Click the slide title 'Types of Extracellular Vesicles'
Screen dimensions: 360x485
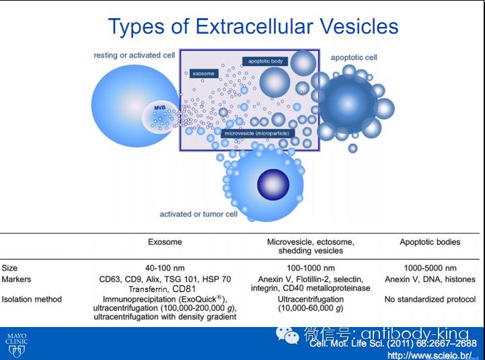coord(253,26)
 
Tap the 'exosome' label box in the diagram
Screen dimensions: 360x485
coord(203,73)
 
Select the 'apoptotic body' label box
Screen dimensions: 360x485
coord(265,61)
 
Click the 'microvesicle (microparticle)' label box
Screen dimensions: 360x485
coord(257,133)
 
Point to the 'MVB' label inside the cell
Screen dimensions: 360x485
coord(159,108)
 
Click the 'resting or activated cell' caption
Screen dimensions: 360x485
coord(135,55)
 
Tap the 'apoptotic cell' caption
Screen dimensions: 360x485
coord(354,58)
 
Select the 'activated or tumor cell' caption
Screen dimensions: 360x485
coord(198,215)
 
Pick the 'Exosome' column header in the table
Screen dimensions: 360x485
coord(165,242)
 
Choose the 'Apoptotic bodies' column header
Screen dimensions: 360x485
coord(430,242)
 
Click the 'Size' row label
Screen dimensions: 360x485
coord(10,268)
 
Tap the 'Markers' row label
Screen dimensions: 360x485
coord(16,279)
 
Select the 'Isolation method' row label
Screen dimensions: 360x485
coord(31,299)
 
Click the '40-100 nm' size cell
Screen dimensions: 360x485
coord(165,268)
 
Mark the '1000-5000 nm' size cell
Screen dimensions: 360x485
coord(430,268)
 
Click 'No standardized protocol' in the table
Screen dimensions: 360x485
coord(430,299)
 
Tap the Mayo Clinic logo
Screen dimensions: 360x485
coord(17,343)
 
